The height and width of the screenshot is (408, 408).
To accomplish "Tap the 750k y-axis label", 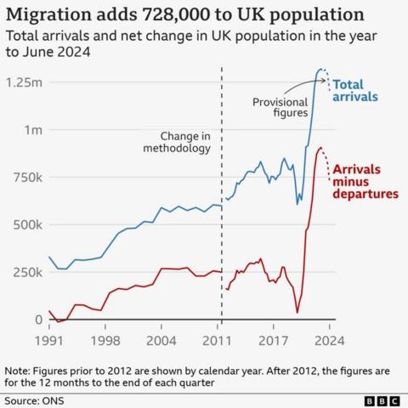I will click(27, 177).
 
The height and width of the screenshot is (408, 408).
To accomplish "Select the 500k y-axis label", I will click(27, 224).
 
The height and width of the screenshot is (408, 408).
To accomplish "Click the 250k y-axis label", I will click(27, 272).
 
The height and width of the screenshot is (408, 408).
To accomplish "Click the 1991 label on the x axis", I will click(49, 340).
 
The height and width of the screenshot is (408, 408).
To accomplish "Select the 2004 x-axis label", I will click(161, 340).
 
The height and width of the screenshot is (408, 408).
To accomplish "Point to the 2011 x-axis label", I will click(221, 340).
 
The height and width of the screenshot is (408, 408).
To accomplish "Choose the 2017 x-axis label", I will click(273, 340).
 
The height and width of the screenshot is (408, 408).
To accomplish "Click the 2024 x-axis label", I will click(329, 340).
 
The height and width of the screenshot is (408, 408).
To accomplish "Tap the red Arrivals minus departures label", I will click(365, 181).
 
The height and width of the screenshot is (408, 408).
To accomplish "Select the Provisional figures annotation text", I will click(278, 109).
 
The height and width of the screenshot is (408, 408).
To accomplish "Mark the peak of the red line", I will click(320, 148).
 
